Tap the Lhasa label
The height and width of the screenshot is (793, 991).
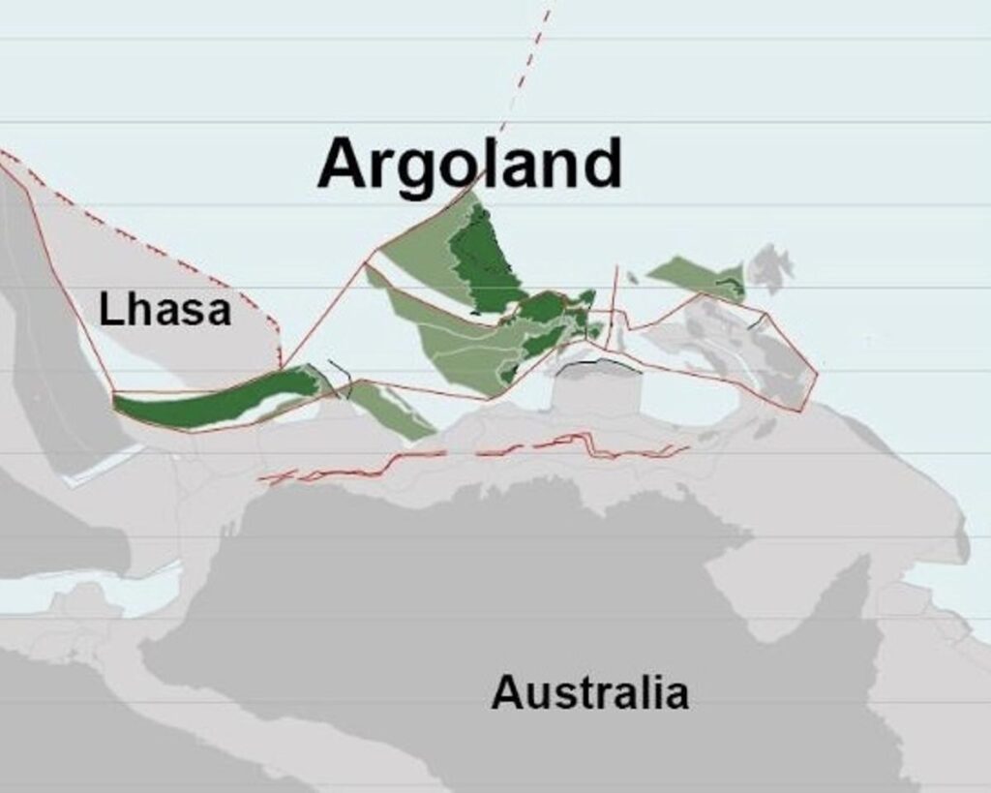(165, 311)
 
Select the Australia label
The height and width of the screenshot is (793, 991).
(589, 693)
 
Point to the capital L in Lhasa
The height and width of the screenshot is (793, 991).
(110, 311)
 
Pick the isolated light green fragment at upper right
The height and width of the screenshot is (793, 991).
(692, 276)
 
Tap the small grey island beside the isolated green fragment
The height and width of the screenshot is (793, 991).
(770, 266)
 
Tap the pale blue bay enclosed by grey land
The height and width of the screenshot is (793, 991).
(687, 397)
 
